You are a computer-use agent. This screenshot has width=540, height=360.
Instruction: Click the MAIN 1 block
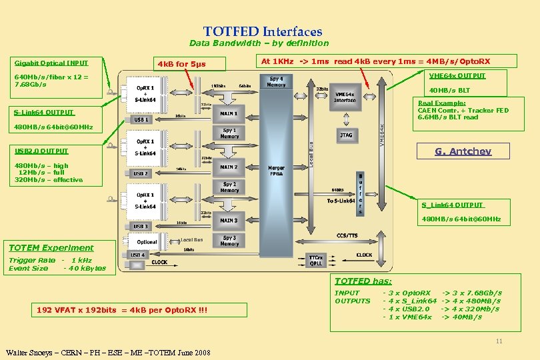(x=229, y=113)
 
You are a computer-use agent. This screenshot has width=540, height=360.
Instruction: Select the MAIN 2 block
(x=229, y=167)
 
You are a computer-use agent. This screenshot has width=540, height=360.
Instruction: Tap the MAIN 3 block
(x=229, y=221)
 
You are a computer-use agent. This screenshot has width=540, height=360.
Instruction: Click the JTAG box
(x=345, y=135)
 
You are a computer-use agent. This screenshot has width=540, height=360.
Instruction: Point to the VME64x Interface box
(x=345, y=97)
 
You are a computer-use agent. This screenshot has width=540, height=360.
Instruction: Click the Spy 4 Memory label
(x=276, y=82)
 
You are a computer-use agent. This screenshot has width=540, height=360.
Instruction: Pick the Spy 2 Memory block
(x=229, y=187)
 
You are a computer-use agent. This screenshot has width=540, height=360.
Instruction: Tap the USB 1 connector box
(x=140, y=120)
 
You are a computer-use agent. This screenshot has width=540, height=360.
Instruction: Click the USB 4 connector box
(x=137, y=255)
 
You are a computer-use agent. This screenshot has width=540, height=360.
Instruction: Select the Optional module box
(x=146, y=242)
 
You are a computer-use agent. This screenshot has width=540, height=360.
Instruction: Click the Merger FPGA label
(x=276, y=171)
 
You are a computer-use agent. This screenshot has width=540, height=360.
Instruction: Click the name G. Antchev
(x=463, y=151)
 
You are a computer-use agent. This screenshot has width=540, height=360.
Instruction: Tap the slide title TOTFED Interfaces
(x=263, y=31)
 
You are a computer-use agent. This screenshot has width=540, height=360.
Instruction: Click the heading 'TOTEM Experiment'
(x=51, y=247)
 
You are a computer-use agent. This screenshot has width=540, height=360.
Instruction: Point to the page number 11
(x=498, y=342)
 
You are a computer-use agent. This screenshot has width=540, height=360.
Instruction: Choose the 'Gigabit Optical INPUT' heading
(x=51, y=63)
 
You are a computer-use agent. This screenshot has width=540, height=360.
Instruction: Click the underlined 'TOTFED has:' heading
(x=363, y=281)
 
